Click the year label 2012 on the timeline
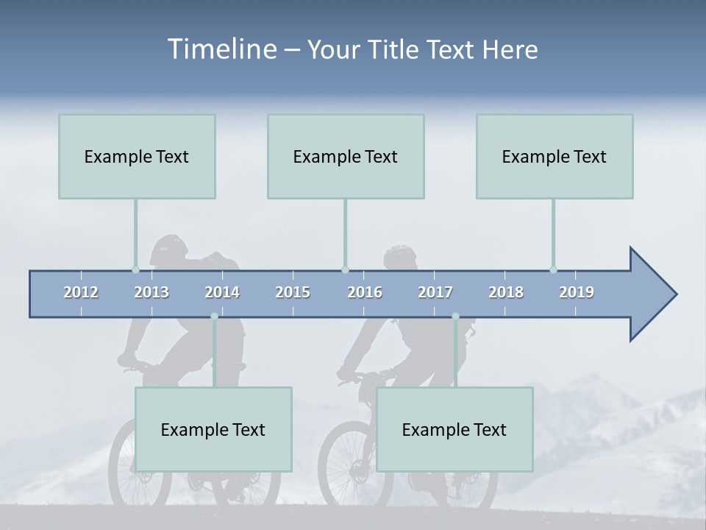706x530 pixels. [x=81, y=292]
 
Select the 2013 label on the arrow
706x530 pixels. [x=151, y=292]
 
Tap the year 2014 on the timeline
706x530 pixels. [x=222, y=292]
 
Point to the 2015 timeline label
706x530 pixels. [x=293, y=292]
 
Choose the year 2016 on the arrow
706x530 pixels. [x=365, y=292]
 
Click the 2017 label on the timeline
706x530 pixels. [x=435, y=292]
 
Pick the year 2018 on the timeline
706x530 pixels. [x=506, y=292]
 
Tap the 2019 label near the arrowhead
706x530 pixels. [x=577, y=292]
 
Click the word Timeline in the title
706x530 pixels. [x=221, y=49]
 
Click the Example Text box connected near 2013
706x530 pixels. [x=137, y=156]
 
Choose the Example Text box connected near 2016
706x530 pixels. [x=346, y=156]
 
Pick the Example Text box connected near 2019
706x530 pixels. [x=555, y=156]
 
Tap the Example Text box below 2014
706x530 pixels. [x=213, y=429]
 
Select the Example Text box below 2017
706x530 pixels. [x=454, y=429]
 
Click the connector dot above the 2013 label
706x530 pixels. [x=135, y=269]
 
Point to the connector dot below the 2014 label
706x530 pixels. [x=214, y=317]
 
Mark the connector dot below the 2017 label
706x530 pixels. [x=455, y=317]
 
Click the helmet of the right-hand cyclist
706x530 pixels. [x=399, y=255]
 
